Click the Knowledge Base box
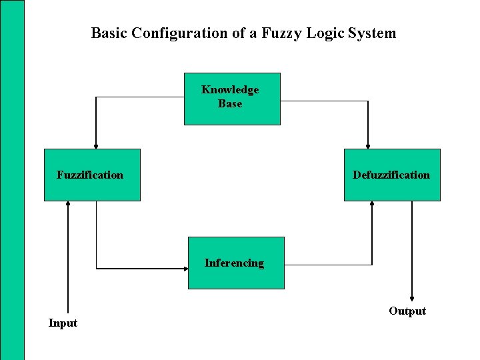tap(232, 99)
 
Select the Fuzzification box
tap(92, 175)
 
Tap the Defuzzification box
tap(392, 175)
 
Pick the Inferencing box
tap(236, 263)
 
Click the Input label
tap(63, 323)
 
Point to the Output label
tap(407, 311)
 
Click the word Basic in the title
tap(109, 33)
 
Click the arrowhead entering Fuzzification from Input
tap(68, 205)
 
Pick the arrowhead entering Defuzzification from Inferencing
tap(372, 205)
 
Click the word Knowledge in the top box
tap(230, 90)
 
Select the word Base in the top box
tap(230, 104)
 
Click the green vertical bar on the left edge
tap(12, 180)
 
